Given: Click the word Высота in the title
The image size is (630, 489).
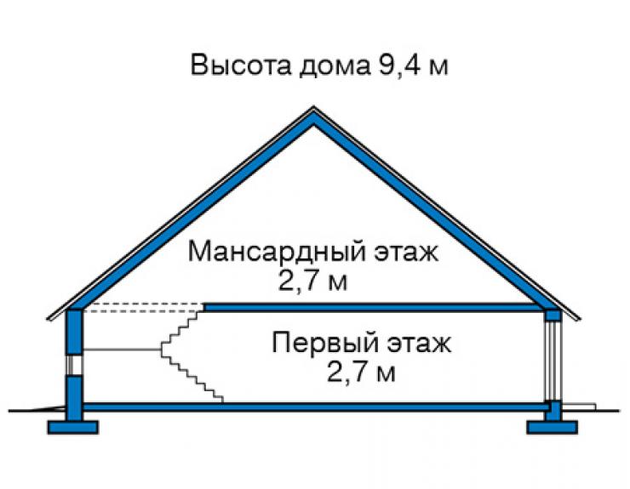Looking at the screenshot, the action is coord(240,65).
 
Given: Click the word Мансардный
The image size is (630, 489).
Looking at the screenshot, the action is coord(277,253).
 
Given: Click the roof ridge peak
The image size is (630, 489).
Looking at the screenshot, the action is coord(314,108).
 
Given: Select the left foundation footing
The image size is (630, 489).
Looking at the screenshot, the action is coord(72,427).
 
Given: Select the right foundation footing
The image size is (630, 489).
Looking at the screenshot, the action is coord(552,427).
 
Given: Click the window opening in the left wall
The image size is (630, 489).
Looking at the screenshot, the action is coord(75,365).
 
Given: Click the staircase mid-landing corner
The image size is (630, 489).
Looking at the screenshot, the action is coord(162,350).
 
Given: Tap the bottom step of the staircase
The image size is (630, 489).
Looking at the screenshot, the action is coord(219,399).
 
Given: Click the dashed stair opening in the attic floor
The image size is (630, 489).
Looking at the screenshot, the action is coord(143,308).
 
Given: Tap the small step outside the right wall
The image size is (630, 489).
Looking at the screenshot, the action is coord(579,407).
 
